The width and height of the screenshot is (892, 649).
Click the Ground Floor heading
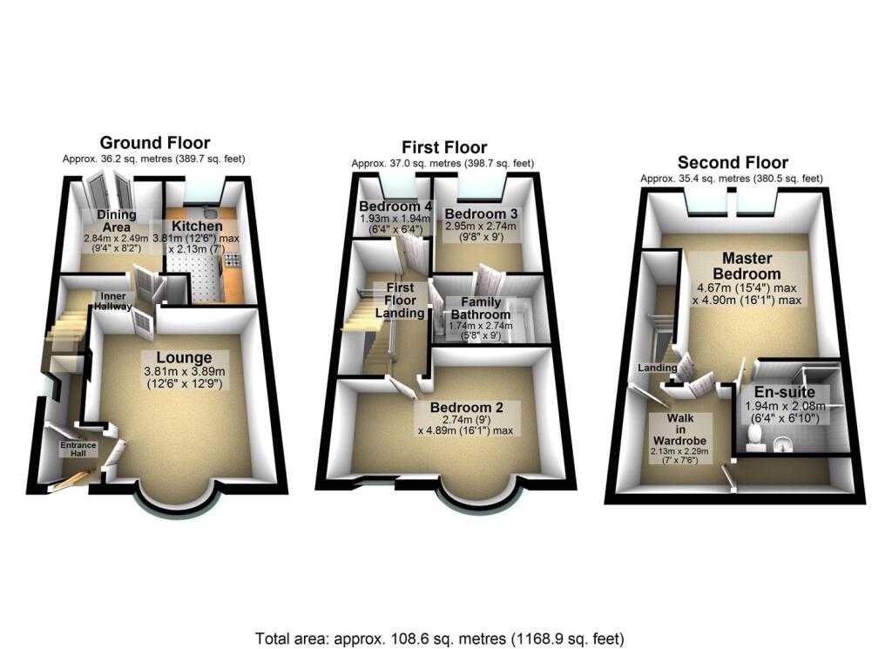click(154, 143)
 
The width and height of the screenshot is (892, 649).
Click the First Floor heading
click(443, 147)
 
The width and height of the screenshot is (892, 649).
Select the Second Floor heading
click(732, 162)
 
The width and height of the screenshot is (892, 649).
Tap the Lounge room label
click(184, 357)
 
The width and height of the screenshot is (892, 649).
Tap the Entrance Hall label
click(78, 450)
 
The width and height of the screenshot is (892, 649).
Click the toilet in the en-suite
click(754, 445)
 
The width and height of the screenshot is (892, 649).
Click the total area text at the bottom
click(439, 637)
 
